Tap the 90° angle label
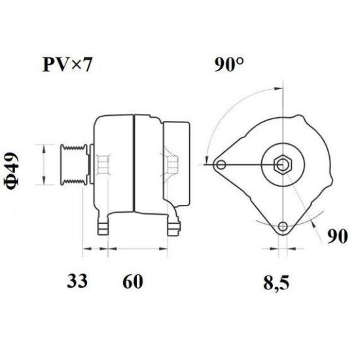(229, 66)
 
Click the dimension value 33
(77, 281)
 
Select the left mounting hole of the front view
(222, 164)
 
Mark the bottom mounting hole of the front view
(282, 226)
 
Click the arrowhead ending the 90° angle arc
(207, 160)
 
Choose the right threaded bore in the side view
(171, 164)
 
